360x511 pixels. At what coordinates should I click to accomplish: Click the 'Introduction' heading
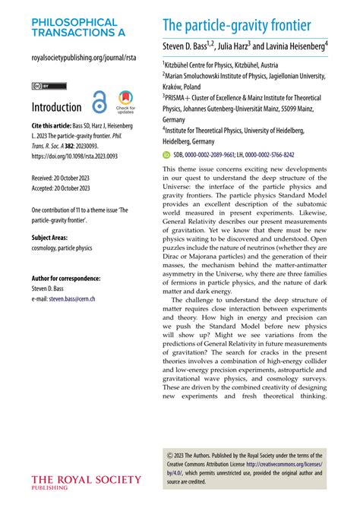56,107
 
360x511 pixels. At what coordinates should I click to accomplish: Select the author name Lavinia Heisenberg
295,47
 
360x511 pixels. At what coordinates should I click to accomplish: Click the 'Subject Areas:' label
54,238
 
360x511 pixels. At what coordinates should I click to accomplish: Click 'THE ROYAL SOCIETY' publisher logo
87,480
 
